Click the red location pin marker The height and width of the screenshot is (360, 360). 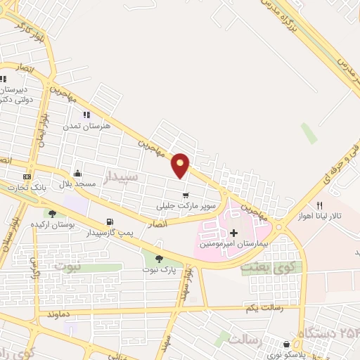pos(181,164)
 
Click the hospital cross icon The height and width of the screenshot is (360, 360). pos(233,232)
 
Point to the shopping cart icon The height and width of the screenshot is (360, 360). pos(185,195)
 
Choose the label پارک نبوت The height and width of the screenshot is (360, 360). pos(158,269)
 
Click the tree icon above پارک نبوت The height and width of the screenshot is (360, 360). pos(159,259)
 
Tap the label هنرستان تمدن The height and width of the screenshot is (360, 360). pos(87,124)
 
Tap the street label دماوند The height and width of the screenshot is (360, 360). pos(76,314)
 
